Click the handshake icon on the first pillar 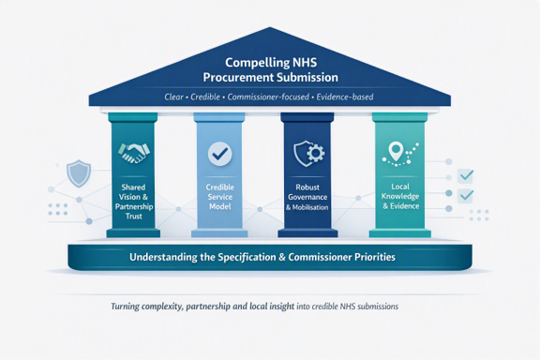(x=134, y=153)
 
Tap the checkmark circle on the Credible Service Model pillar (x=220, y=154)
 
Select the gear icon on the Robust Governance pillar (x=315, y=154)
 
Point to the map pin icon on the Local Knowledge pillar (x=396, y=152)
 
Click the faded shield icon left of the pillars (x=79, y=173)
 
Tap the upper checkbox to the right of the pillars (x=466, y=175)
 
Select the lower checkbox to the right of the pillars (x=466, y=196)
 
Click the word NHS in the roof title (x=305, y=63)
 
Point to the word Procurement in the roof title (x=238, y=77)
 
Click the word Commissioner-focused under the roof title (x=268, y=97)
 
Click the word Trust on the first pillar (x=134, y=217)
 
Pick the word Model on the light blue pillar (x=220, y=206)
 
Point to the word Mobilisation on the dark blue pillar (x=310, y=207)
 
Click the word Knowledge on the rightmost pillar (x=400, y=196)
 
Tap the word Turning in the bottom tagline (x=125, y=307)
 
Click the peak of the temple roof (x=270, y=27)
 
